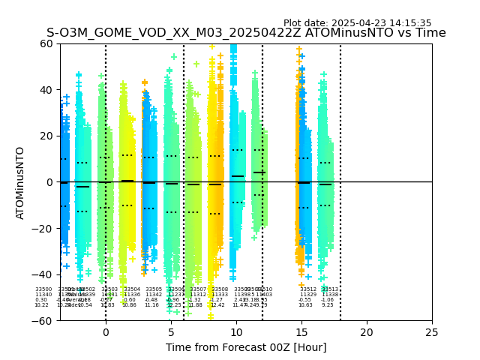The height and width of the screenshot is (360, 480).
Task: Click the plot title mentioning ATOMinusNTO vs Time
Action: pos(246,33)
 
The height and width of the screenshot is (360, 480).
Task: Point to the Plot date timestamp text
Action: pos(357,23)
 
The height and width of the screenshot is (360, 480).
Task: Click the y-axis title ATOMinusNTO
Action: pos(20,182)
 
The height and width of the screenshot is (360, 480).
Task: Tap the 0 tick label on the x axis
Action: pos(106,332)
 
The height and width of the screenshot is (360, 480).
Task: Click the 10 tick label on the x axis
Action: pos(236,332)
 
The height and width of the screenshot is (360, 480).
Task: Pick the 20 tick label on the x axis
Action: pos(367,332)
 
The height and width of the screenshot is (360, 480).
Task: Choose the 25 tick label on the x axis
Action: pos(432,332)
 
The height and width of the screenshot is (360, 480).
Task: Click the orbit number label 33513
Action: pos(329,289)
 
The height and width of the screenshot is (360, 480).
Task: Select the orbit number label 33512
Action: pos(308,289)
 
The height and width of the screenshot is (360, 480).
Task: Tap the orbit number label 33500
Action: pos(43,289)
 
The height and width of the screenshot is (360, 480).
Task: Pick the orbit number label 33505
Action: pos(154,289)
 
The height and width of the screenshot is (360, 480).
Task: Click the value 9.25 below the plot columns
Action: pos(328,305)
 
